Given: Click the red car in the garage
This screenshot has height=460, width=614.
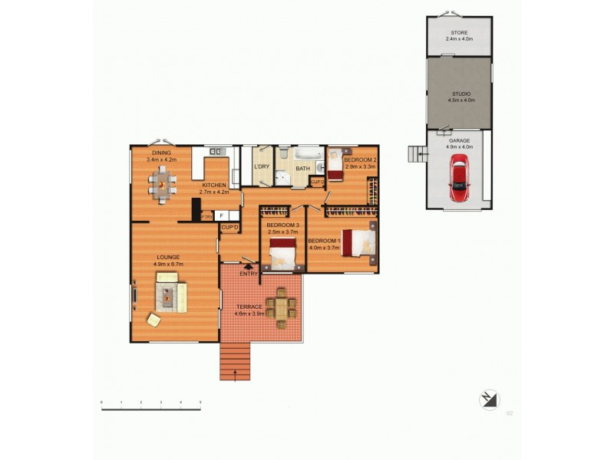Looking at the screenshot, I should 459,178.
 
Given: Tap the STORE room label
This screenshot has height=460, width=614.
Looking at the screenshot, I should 459,33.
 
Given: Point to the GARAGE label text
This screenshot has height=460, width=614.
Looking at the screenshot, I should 459,140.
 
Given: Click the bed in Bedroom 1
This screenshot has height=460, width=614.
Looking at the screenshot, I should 358,242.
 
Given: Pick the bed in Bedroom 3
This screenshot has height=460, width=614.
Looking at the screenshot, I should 282,254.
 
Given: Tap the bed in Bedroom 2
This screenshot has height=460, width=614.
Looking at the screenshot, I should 335,165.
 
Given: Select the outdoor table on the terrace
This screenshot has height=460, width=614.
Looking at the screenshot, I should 282,307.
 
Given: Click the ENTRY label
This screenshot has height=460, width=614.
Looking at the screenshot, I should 248,274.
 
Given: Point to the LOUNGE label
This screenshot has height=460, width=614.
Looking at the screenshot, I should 168,257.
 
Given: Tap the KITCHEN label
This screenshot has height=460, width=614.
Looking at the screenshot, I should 214,186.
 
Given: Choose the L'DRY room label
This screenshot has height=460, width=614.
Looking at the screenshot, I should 261,166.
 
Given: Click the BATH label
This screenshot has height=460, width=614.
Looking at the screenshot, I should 303,169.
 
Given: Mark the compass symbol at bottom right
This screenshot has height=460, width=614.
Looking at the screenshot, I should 489,399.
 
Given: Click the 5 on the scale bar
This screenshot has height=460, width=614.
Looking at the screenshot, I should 200,402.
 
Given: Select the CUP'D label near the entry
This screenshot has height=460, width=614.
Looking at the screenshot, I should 229,228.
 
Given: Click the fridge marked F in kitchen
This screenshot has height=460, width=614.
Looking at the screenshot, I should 222,216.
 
